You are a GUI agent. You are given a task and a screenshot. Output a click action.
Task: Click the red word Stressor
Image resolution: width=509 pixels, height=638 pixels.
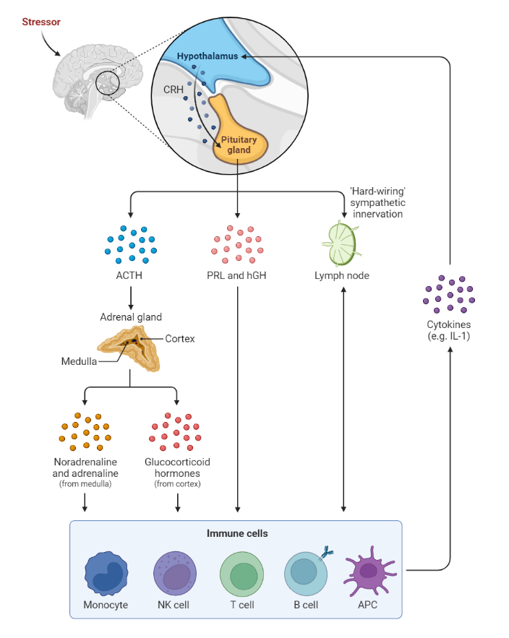click(x=40, y=22)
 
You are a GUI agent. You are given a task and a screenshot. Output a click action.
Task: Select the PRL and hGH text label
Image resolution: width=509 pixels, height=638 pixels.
click(x=237, y=276)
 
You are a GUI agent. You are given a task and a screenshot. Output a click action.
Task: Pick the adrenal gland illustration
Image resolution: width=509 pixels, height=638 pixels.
click(x=129, y=345)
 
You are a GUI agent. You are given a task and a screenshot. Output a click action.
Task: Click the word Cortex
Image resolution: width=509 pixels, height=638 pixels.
click(x=179, y=338)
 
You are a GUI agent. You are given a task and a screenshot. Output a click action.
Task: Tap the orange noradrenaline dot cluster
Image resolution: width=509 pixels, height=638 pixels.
click(x=85, y=431)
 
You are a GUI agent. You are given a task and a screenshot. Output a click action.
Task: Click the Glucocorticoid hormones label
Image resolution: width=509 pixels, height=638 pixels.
click(x=177, y=467)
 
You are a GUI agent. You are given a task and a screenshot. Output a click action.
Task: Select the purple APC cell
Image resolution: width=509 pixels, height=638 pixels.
click(x=368, y=570)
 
